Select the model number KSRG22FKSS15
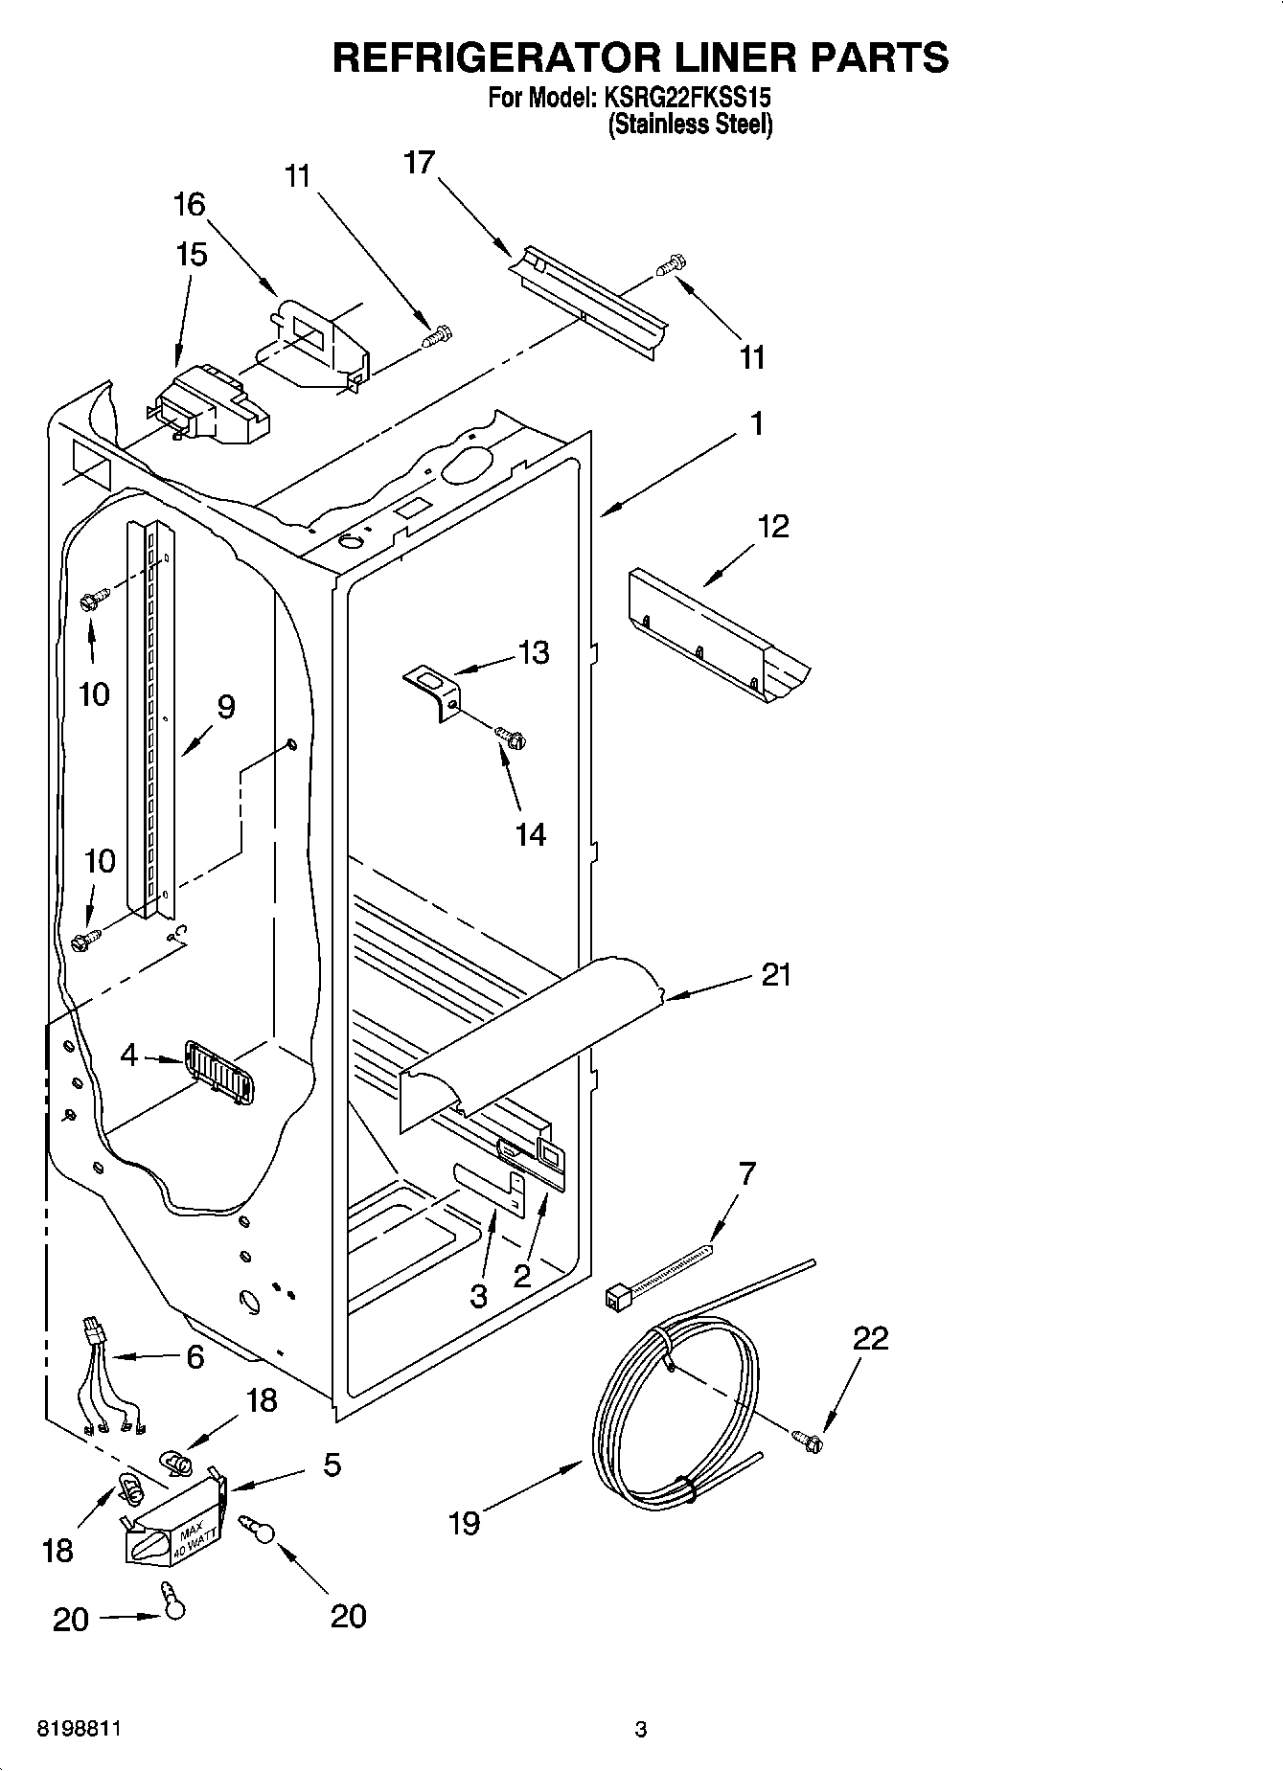(x=686, y=98)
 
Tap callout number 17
(x=419, y=163)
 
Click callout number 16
(x=190, y=204)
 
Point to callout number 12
(x=773, y=526)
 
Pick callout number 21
(x=776, y=975)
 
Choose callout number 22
(x=870, y=1338)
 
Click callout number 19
(x=465, y=1523)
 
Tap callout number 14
(x=530, y=835)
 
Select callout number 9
(x=225, y=707)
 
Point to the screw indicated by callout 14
(x=511, y=737)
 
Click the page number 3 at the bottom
(x=641, y=1730)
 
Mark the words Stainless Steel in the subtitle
(x=690, y=125)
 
